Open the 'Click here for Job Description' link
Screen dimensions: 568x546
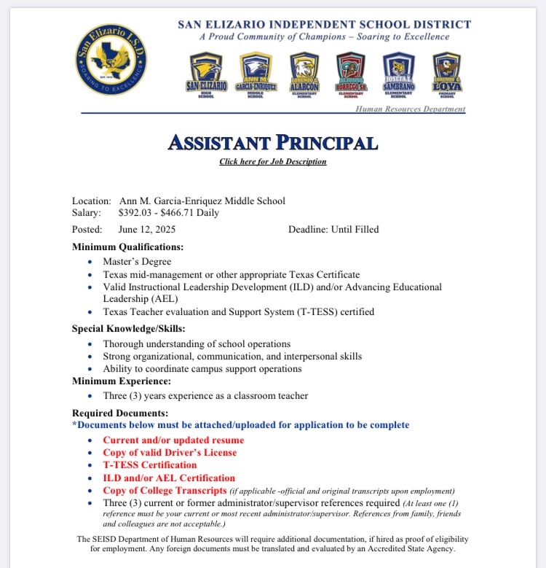273,162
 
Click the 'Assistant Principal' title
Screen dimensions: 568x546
273,143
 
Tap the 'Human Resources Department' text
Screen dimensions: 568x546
410,109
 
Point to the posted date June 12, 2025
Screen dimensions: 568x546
147,229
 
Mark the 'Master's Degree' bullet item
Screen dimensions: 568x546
137,262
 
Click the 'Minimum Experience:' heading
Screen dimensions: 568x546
122,381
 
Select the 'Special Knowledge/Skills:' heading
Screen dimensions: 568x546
128,328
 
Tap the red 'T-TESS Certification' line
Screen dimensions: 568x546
150,465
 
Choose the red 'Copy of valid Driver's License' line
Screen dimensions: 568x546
170,453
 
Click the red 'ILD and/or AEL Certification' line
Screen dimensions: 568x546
169,478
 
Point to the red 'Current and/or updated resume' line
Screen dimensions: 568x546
173,440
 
